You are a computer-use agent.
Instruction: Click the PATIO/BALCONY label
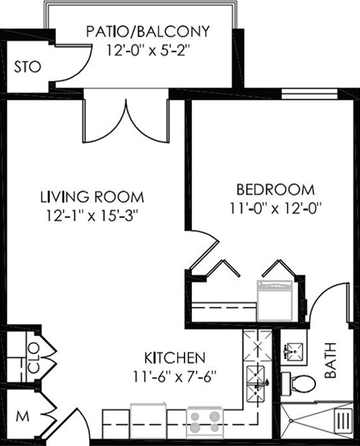click(x=148, y=31)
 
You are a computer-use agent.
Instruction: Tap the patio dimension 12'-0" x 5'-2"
click(x=148, y=51)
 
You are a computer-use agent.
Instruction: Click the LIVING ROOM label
click(x=92, y=197)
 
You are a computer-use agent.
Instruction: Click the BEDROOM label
click(x=275, y=190)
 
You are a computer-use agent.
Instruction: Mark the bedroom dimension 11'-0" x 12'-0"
click(x=275, y=208)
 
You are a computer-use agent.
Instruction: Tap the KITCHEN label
click(x=175, y=358)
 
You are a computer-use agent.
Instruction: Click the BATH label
click(x=331, y=360)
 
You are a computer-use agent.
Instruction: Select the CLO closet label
click(x=34, y=358)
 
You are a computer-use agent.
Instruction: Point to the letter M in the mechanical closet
click(x=22, y=417)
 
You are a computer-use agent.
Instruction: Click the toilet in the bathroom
click(x=298, y=384)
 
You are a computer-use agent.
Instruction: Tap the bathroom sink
click(x=293, y=351)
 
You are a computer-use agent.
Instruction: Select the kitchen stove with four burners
click(x=205, y=423)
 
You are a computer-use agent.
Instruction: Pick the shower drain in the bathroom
click(x=291, y=420)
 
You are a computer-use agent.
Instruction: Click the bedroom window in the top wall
click(x=309, y=94)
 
